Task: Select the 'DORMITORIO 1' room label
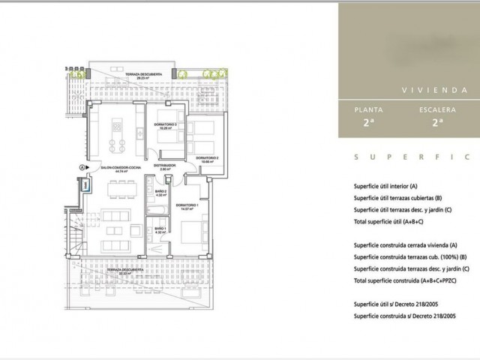pyautogui.click(x=187, y=205)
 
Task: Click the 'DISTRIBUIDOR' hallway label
pyautogui.click(x=164, y=165)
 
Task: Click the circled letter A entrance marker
pyautogui.click(x=80, y=166)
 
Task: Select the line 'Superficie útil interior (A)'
pyautogui.click(x=388, y=186)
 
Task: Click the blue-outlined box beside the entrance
pyautogui.click(x=85, y=183)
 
